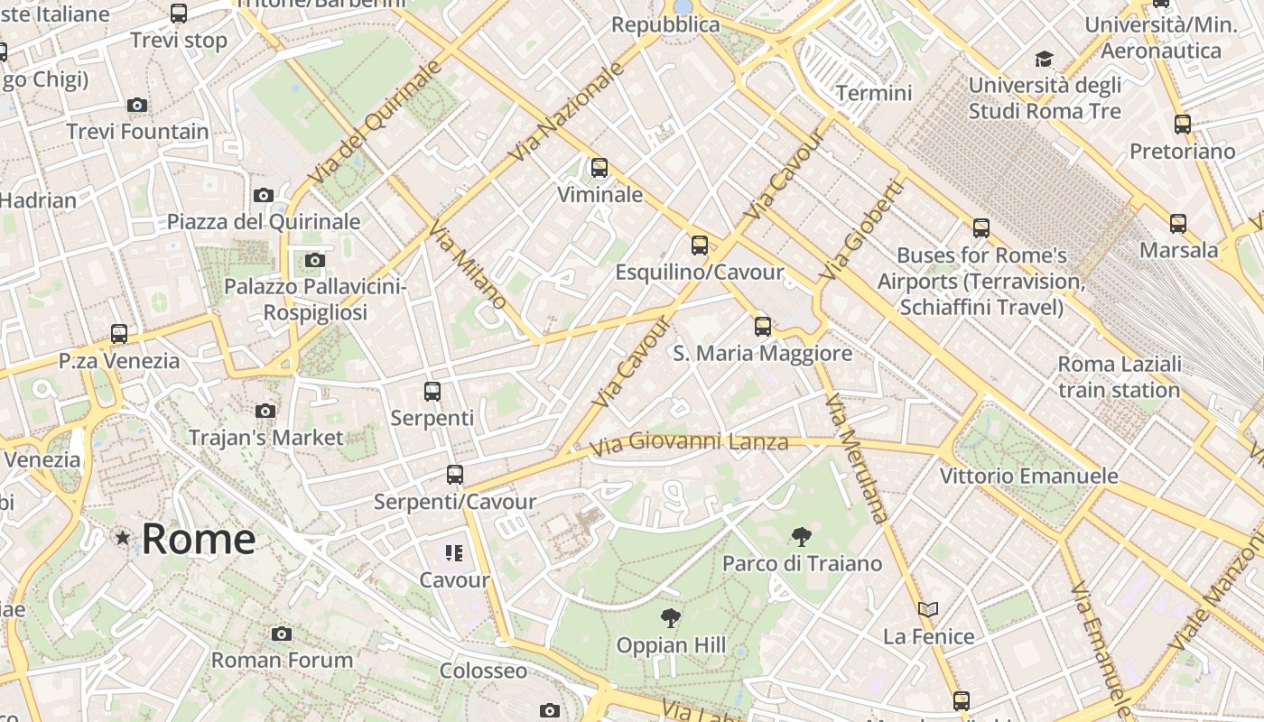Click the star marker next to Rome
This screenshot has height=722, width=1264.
123,538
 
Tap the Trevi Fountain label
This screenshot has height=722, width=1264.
137,132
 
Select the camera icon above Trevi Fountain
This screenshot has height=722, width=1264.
137,105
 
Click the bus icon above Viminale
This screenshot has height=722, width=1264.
599,168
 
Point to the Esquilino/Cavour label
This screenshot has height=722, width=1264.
700,272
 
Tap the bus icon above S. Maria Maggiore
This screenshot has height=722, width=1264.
763,327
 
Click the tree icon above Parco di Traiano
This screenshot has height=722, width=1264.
801,538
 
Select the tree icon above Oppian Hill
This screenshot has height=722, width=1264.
670,618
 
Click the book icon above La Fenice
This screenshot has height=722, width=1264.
928,609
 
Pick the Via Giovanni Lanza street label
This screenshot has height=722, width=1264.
689,443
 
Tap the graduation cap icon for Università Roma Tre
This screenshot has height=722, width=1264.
1045,60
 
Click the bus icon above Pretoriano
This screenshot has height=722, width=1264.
1183,125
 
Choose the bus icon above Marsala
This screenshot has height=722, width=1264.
1178,224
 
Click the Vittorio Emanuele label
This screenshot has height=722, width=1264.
1028,476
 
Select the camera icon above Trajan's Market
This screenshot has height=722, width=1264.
265,411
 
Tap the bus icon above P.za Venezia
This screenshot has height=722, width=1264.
119,334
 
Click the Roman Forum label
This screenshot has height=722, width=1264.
282,660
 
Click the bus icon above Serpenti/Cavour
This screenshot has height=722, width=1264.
455,475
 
